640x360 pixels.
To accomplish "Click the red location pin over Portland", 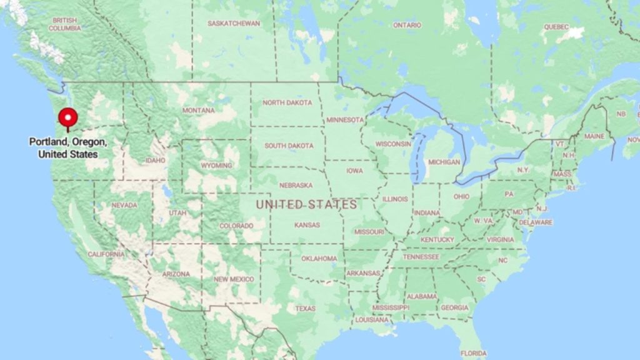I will tap(67, 117).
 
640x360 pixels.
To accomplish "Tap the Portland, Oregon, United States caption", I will tap(67, 147).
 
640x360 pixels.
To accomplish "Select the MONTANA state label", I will tap(199, 111).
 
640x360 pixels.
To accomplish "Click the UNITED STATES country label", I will tap(306, 204).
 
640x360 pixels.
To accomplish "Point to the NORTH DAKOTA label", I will tap(287, 102).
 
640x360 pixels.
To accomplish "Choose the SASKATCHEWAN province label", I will tap(234, 23).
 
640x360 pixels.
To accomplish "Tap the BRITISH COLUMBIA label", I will tap(65, 24).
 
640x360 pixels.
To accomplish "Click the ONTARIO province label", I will tap(407, 25).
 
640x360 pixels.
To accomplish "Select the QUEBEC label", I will tap(556, 27).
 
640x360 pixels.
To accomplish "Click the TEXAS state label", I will tap(306, 309).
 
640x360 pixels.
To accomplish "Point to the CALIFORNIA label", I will tap(106, 254).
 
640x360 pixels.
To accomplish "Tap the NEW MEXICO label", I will tap(233, 279).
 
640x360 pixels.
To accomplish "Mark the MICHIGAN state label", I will tap(444, 162).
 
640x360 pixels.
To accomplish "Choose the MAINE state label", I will tap(594, 136).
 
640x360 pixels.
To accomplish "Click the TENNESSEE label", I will tap(421, 257).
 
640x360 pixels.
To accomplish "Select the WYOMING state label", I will tap(216, 166).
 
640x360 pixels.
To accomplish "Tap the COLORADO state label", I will tap(236, 226).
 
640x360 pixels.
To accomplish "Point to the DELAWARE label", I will tap(536, 222).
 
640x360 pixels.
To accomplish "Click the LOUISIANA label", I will tap(372, 319).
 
